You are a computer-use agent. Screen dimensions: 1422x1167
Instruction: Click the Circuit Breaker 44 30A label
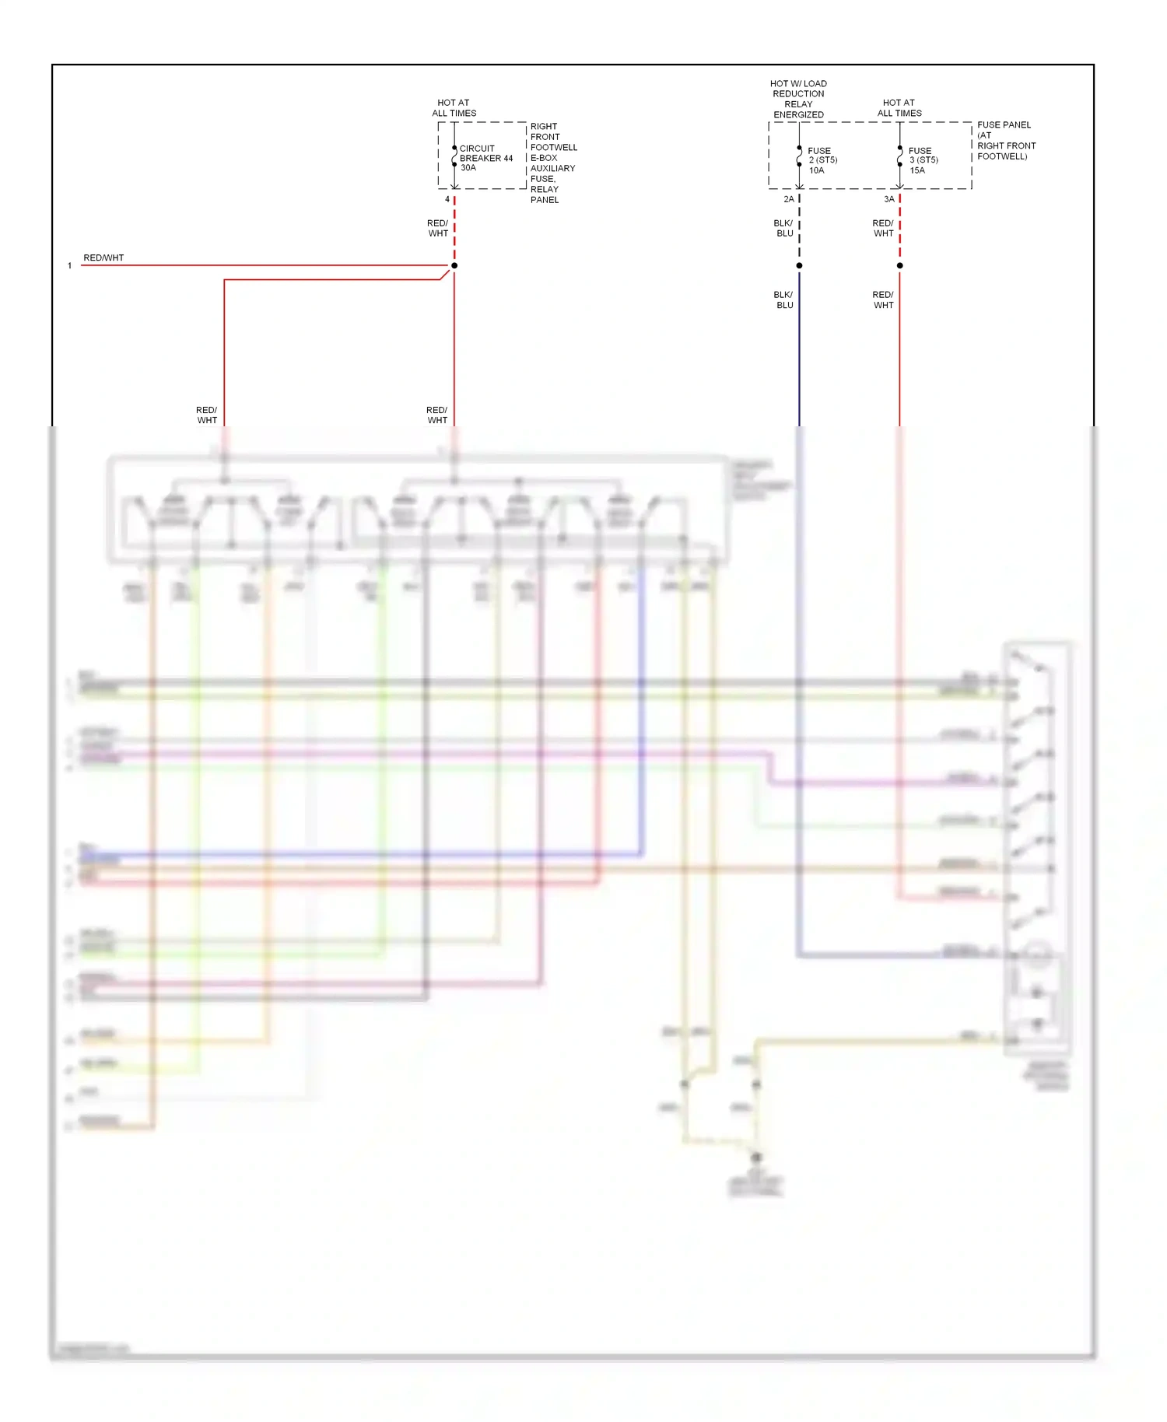click(485, 158)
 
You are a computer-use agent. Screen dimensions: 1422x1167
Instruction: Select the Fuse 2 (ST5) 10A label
click(822, 160)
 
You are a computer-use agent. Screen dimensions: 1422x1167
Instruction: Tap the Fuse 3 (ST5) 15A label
click(923, 160)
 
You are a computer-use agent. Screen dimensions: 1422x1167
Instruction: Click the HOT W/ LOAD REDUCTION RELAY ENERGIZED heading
click(798, 99)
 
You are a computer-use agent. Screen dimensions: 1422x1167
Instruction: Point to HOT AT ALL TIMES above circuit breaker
click(454, 107)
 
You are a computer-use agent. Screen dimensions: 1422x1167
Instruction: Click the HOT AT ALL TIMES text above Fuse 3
click(899, 107)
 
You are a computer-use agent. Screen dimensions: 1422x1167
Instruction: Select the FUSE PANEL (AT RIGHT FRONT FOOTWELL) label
click(1006, 140)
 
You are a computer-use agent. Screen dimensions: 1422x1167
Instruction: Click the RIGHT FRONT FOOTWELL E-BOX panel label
click(553, 163)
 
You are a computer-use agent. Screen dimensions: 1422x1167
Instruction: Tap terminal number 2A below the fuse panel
click(789, 199)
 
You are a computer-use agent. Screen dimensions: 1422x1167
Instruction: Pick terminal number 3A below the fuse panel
click(889, 199)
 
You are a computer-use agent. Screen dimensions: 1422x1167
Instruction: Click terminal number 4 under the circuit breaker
click(447, 199)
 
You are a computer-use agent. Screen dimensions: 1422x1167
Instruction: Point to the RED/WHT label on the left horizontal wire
click(103, 257)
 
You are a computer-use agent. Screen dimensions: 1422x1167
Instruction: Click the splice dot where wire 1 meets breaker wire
click(454, 265)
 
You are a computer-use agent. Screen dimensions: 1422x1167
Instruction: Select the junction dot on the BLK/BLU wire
click(799, 265)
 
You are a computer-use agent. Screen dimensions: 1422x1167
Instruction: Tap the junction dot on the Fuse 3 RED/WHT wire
click(899, 265)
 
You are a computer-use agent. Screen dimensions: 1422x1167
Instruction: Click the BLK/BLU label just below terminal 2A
click(783, 228)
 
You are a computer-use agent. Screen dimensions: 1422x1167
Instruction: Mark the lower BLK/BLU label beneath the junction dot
click(783, 299)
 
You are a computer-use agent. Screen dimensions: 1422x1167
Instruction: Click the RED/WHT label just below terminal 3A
click(883, 228)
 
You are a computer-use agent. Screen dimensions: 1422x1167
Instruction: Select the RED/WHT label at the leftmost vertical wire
click(206, 415)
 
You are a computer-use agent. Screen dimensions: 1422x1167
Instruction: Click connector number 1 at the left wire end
click(70, 266)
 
